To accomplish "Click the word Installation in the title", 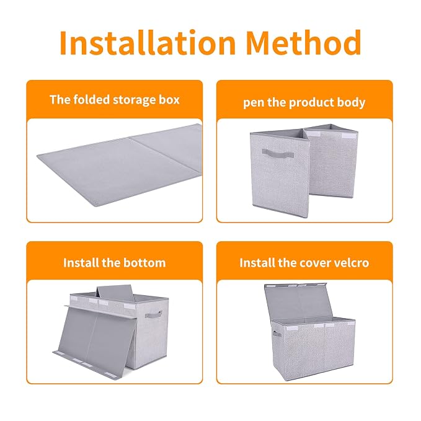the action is coord(148,42).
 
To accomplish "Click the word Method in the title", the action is coord(304,42).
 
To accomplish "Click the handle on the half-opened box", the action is coord(278,154).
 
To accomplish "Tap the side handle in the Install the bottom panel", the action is coord(154,314).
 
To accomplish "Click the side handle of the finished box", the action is coord(277,334).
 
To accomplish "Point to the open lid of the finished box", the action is coord(298,301).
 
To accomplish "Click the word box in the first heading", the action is coord(169,100).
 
